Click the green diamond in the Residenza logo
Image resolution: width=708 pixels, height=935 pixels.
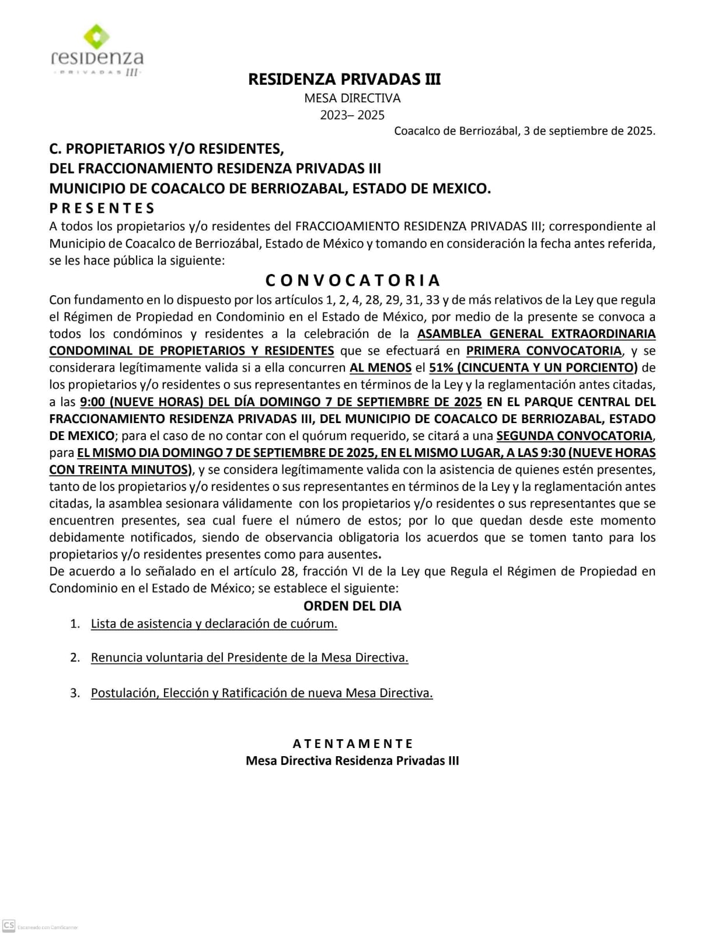click(97, 37)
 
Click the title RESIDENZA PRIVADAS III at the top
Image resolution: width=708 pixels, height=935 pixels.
click(344, 79)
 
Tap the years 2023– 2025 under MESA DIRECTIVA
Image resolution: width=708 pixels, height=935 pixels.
click(352, 115)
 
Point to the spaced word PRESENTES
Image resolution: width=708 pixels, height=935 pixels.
click(102, 208)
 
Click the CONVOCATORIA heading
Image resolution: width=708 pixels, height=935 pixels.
click(353, 280)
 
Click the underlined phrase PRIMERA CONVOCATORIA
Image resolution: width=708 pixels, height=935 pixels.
click(543, 351)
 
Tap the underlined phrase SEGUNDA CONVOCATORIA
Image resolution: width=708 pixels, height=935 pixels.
click(574, 435)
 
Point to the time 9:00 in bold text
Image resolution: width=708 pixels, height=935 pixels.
click(93, 401)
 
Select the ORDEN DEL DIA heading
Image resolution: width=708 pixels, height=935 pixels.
click(352, 606)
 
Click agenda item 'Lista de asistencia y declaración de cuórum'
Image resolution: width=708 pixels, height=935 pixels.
click(214, 624)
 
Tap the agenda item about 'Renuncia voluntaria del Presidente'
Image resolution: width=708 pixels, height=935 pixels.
click(249, 657)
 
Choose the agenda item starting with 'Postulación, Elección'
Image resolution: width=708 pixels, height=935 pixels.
click(261, 693)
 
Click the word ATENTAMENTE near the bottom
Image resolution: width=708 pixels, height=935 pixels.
click(353, 744)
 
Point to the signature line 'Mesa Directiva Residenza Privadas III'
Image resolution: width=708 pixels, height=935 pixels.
click(352, 761)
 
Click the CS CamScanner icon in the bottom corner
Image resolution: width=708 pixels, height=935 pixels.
click(9, 926)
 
